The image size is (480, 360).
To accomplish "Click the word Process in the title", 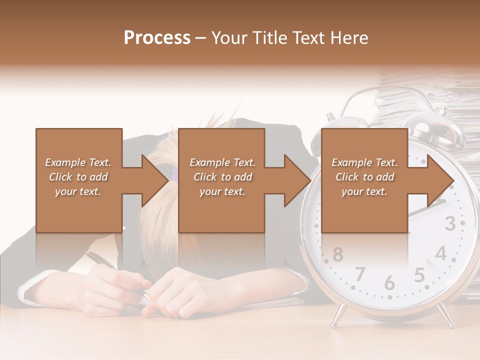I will click(157, 37).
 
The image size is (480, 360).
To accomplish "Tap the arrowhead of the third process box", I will click(440, 180).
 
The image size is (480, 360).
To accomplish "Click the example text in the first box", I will click(78, 177).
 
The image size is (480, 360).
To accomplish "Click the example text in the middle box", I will click(222, 177).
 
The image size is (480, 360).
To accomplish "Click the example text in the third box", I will click(364, 177).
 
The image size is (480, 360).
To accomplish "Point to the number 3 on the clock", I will click(450, 224).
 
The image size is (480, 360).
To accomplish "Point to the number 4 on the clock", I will click(440, 253).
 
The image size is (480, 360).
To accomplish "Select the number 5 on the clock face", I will click(419, 275).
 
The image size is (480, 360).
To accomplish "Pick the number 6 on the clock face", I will click(389, 282).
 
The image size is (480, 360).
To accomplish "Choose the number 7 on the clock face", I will click(360, 274).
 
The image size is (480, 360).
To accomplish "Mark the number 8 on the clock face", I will click(338, 254).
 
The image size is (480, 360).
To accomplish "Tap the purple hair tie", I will click(174, 174).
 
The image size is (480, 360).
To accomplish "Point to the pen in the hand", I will click(100, 261).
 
